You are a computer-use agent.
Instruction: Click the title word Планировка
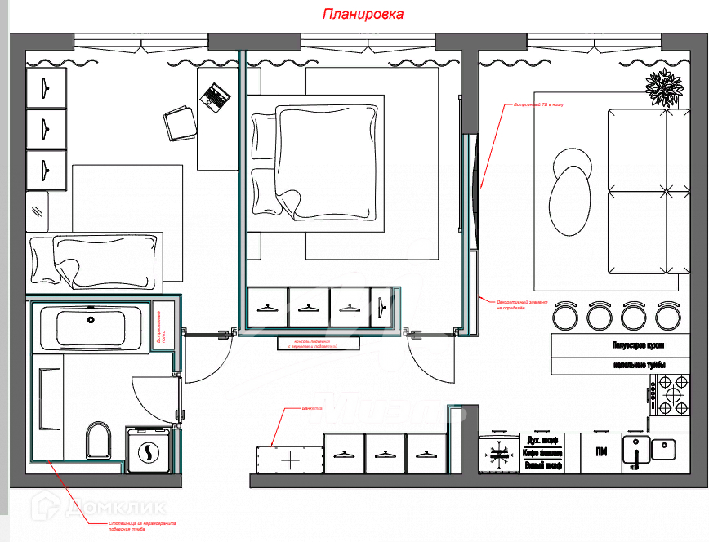coord(363,15)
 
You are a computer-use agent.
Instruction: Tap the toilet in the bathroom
coord(97,440)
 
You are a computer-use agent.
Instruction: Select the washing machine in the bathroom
coord(149,451)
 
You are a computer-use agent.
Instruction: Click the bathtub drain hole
coord(91,320)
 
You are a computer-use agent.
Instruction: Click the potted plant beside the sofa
coord(663,87)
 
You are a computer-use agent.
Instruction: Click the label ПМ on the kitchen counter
coord(600,452)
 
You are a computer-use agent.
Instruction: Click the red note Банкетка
coord(313,406)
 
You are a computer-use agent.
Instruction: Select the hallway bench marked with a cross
coord(290,460)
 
